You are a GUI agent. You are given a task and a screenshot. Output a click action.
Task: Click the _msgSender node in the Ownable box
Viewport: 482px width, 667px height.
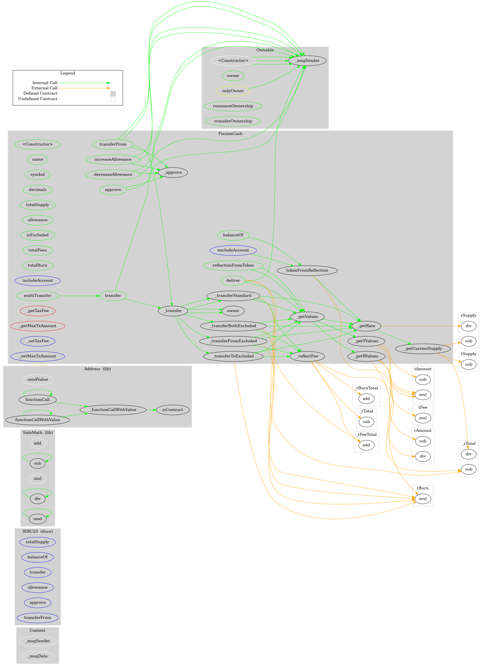pos(307,61)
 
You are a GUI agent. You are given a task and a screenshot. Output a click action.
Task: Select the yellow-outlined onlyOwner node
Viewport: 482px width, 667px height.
pos(233,91)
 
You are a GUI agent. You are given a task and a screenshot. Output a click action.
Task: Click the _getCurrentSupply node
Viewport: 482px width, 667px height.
pos(423,349)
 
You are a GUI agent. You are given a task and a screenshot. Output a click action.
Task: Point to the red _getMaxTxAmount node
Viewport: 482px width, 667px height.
pos(38,326)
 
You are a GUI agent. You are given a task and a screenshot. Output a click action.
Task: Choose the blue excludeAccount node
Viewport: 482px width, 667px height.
pos(233,250)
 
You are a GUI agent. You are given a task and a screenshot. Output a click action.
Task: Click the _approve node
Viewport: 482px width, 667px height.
pos(173,172)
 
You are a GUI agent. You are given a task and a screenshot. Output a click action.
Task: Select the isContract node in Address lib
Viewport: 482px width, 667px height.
pos(172,410)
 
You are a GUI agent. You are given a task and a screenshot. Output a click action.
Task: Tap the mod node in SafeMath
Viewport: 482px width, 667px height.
pos(38,519)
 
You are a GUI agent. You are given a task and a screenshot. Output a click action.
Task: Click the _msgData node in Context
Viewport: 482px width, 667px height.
pos(38,656)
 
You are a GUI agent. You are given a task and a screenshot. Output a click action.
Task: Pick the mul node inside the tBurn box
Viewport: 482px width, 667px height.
pos(423,498)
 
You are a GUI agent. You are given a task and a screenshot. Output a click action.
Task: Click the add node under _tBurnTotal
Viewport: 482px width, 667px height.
pos(366,399)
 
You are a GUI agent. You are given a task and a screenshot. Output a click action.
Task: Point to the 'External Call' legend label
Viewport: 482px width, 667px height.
pos(44,88)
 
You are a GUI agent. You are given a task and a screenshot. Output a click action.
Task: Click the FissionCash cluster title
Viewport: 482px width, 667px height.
pos(230,133)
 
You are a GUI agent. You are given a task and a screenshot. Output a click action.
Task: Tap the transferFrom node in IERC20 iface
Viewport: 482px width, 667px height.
pos(38,618)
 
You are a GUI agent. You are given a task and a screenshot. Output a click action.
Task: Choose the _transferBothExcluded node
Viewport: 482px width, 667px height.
pos(233,326)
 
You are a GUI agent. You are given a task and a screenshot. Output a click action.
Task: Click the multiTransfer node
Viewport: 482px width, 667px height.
pos(38,296)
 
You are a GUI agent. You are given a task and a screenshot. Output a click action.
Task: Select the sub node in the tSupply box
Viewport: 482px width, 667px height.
pos(469,364)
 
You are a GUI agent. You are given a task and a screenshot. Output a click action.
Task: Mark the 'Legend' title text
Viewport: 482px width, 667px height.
pos(68,73)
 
